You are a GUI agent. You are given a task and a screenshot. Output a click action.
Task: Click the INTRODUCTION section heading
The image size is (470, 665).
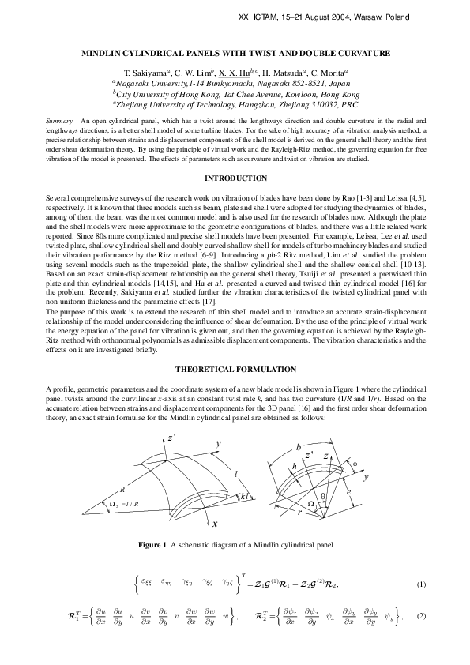pos(235,178)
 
